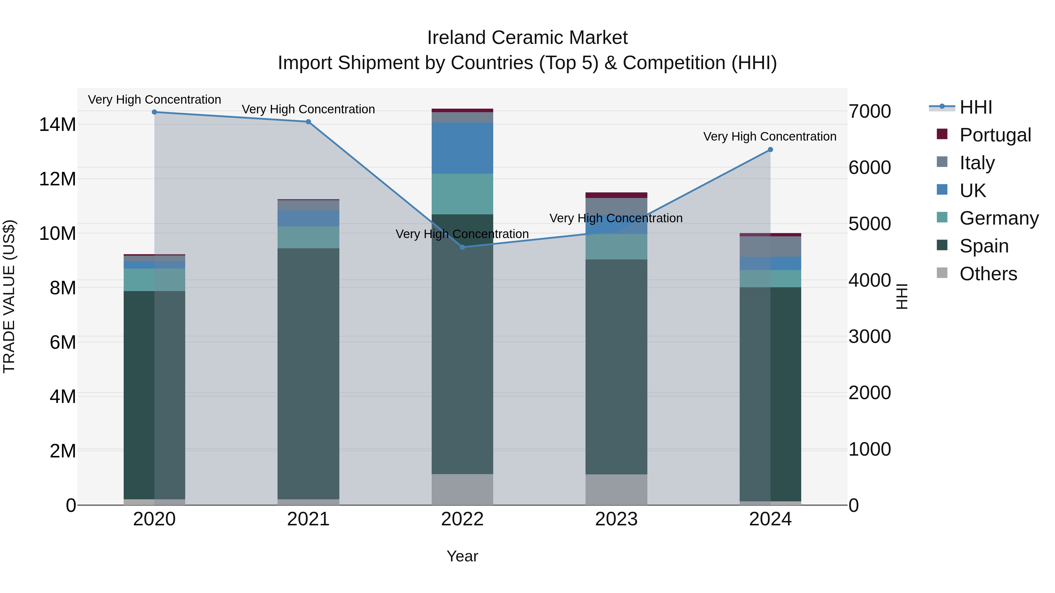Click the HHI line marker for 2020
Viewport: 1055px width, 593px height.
pos(154,112)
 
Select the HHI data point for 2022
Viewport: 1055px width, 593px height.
pos(462,247)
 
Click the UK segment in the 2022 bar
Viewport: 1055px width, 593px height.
pos(462,148)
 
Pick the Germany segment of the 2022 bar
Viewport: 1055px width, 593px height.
pos(462,194)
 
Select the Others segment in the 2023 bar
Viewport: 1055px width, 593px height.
pos(616,489)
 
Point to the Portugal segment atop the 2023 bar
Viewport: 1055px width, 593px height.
pos(616,195)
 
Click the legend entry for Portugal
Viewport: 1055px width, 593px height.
pos(995,135)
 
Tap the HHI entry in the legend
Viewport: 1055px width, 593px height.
pos(976,107)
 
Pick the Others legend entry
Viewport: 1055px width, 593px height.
pos(988,274)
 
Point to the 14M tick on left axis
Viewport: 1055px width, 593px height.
pos(57,124)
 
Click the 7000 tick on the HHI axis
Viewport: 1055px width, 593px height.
pos(869,111)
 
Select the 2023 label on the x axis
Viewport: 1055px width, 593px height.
pos(616,519)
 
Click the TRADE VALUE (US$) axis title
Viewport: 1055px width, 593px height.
pos(9,296)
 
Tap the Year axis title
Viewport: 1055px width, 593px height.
pos(462,556)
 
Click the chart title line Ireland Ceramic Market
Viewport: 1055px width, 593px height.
pos(527,38)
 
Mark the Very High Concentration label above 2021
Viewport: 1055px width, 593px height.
pos(308,109)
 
